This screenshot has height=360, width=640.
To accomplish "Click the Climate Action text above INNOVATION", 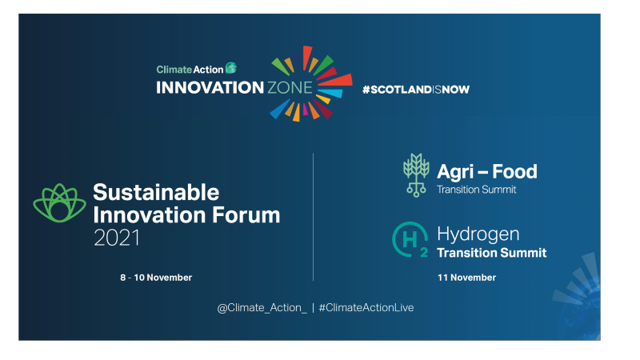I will click(x=190, y=70).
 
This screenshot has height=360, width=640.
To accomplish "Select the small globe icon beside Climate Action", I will click(x=231, y=69).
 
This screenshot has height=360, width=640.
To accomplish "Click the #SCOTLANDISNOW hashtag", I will click(x=415, y=90).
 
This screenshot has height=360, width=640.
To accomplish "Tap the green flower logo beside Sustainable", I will click(x=59, y=203).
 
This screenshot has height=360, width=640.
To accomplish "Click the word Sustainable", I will click(x=155, y=192).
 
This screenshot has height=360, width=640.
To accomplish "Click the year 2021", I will click(x=116, y=238).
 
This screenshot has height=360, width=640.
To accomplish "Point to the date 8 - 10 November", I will click(x=156, y=278).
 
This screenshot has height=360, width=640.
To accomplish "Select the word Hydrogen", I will click(x=478, y=234).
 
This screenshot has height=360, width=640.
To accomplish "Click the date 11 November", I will click(x=466, y=278).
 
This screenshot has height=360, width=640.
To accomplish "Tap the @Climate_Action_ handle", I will click(x=262, y=308).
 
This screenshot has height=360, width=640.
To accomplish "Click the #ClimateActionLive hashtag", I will click(x=366, y=308).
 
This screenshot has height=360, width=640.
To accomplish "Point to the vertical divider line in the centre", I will click(x=313, y=216).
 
